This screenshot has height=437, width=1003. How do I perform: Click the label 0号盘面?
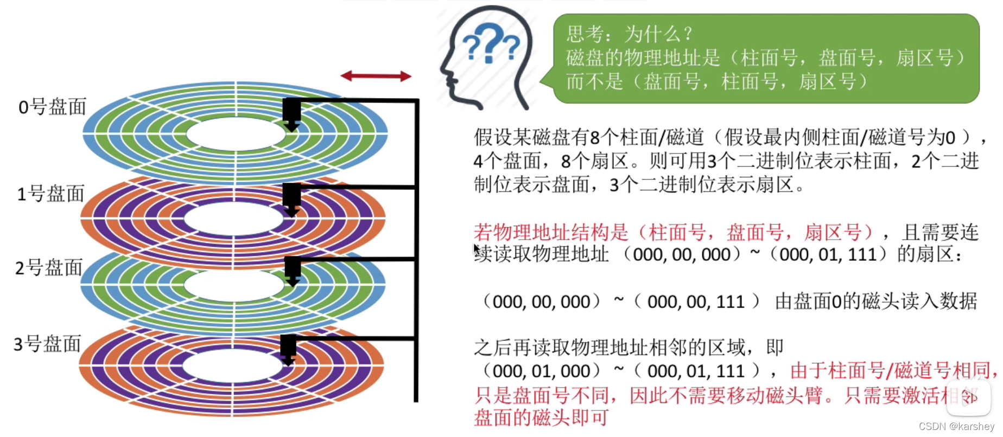pyautogui.click(x=52, y=107)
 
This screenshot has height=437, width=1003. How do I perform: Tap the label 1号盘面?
pyautogui.click(x=50, y=194)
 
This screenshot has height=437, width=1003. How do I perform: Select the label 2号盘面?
pyautogui.click(x=49, y=267)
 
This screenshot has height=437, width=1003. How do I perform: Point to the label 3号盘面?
pyautogui.click(x=47, y=344)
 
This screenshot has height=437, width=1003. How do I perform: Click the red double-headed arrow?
pyautogui.click(x=376, y=76)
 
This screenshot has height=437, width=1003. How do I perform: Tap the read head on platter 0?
pyautogui.click(x=291, y=114)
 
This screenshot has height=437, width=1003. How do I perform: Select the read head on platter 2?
pyautogui.click(x=293, y=271)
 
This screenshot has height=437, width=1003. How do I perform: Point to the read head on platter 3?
pyautogui.click(x=288, y=350)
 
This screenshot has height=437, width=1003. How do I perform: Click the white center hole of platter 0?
pyautogui.click(x=235, y=134)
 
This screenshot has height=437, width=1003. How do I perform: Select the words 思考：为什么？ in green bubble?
pyautogui.click(x=630, y=34)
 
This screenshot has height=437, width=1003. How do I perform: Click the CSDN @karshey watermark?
pyautogui.click(x=956, y=427)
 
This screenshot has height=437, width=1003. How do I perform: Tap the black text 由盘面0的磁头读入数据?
pyautogui.click(x=875, y=301)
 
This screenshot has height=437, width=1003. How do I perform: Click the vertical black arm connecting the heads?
pyautogui.click(x=416, y=249)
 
